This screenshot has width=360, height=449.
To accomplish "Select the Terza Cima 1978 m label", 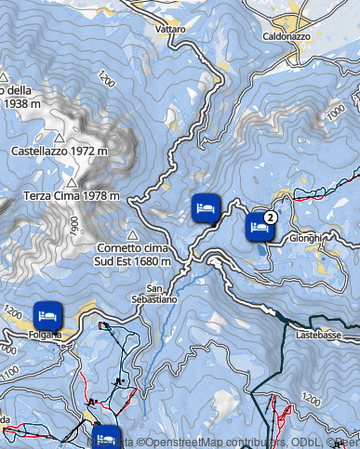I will tap(72, 195).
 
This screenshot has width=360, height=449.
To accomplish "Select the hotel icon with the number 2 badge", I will tap(260, 226).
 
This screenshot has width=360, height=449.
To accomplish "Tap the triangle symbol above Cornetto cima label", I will tap(132, 234).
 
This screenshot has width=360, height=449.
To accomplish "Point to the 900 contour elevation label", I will tap(72, 225).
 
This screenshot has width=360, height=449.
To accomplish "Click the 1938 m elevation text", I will tap(25, 104).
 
